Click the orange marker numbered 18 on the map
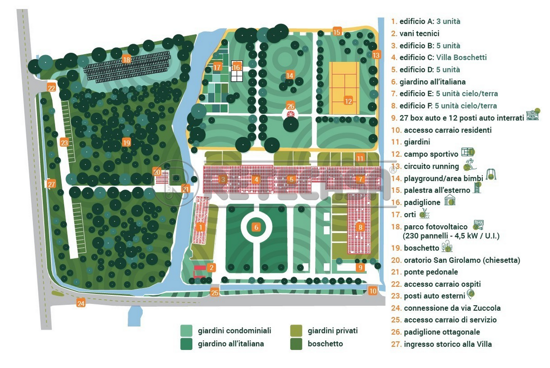(x=126, y=60)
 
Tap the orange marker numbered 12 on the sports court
(x=348, y=101)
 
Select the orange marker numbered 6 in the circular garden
(x=256, y=227)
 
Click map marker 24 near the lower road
(x=81, y=303)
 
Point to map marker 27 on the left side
(x=51, y=184)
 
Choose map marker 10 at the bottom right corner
(x=373, y=291)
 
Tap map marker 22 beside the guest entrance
(x=52, y=88)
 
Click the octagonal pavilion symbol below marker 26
(x=291, y=114)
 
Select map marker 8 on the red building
(x=360, y=227)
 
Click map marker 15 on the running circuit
(x=337, y=32)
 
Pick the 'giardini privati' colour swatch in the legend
(x=296, y=331)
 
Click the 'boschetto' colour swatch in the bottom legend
(x=296, y=344)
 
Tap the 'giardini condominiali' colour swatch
(x=186, y=331)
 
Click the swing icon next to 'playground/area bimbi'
(x=491, y=174)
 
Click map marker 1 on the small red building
(x=200, y=227)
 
